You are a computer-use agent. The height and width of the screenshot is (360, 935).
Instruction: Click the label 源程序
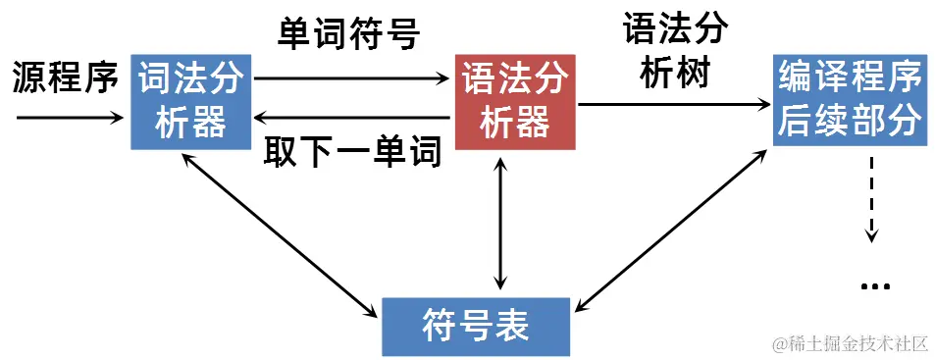coord(65,77)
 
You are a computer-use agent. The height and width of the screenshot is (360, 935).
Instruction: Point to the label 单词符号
coord(348,35)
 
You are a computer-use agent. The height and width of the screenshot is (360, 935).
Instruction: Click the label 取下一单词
coord(352,154)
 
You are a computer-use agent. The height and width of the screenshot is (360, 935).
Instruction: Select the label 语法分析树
coord(675,50)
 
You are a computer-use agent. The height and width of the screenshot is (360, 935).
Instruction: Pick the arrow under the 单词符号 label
coord(353,79)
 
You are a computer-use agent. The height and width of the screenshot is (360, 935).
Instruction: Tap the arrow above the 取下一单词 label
coord(353,118)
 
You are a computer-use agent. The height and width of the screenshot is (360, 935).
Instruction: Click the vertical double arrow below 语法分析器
coord(502,224)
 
